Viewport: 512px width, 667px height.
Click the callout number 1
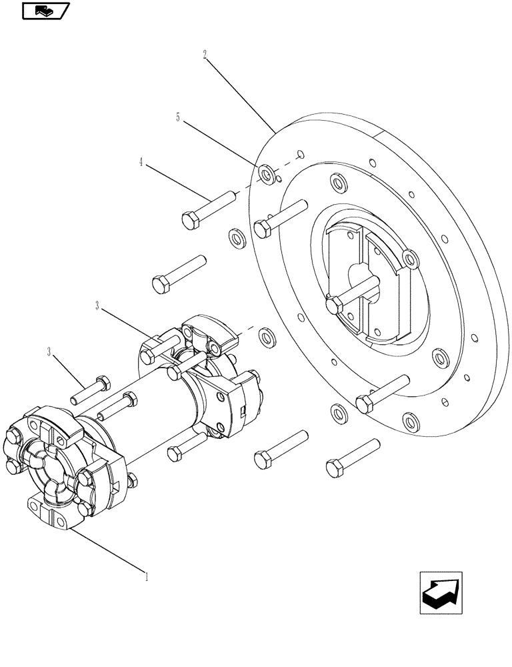tap(147, 575)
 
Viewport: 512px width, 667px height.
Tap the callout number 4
tap(141, 162)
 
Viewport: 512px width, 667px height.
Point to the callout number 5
tap(177, 117)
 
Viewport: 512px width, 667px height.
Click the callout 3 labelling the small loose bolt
tap(49, 352)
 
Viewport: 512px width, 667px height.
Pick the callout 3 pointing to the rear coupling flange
tap(97, 306)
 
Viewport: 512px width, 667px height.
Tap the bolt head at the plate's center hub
tap(335, 305)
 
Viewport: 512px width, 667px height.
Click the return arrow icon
tap(441, 592)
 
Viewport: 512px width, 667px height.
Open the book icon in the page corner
tap(45, 10)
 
